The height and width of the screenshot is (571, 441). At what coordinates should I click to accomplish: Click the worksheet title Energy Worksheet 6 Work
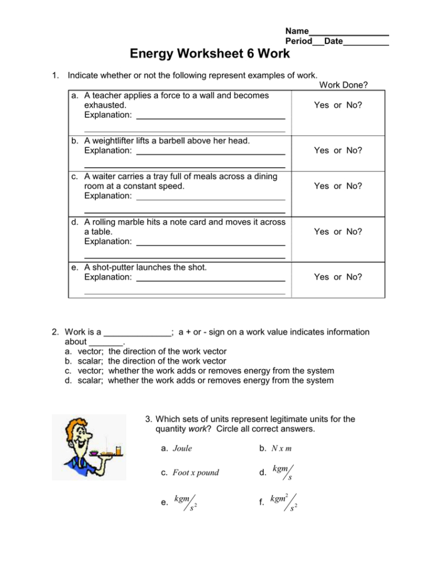click(x=210, y=54)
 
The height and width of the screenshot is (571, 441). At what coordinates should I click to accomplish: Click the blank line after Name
click(x=349, y=31)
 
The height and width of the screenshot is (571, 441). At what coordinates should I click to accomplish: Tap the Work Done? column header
click(x=343, y=85)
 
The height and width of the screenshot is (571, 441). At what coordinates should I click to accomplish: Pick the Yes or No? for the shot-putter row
click(x=338, y=277)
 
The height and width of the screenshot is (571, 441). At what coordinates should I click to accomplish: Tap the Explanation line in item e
click(x=210, y=277)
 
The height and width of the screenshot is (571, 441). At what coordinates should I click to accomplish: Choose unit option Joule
click(x=182, y=449)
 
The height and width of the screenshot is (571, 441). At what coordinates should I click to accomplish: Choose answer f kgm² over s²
click(x=284, y=502)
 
